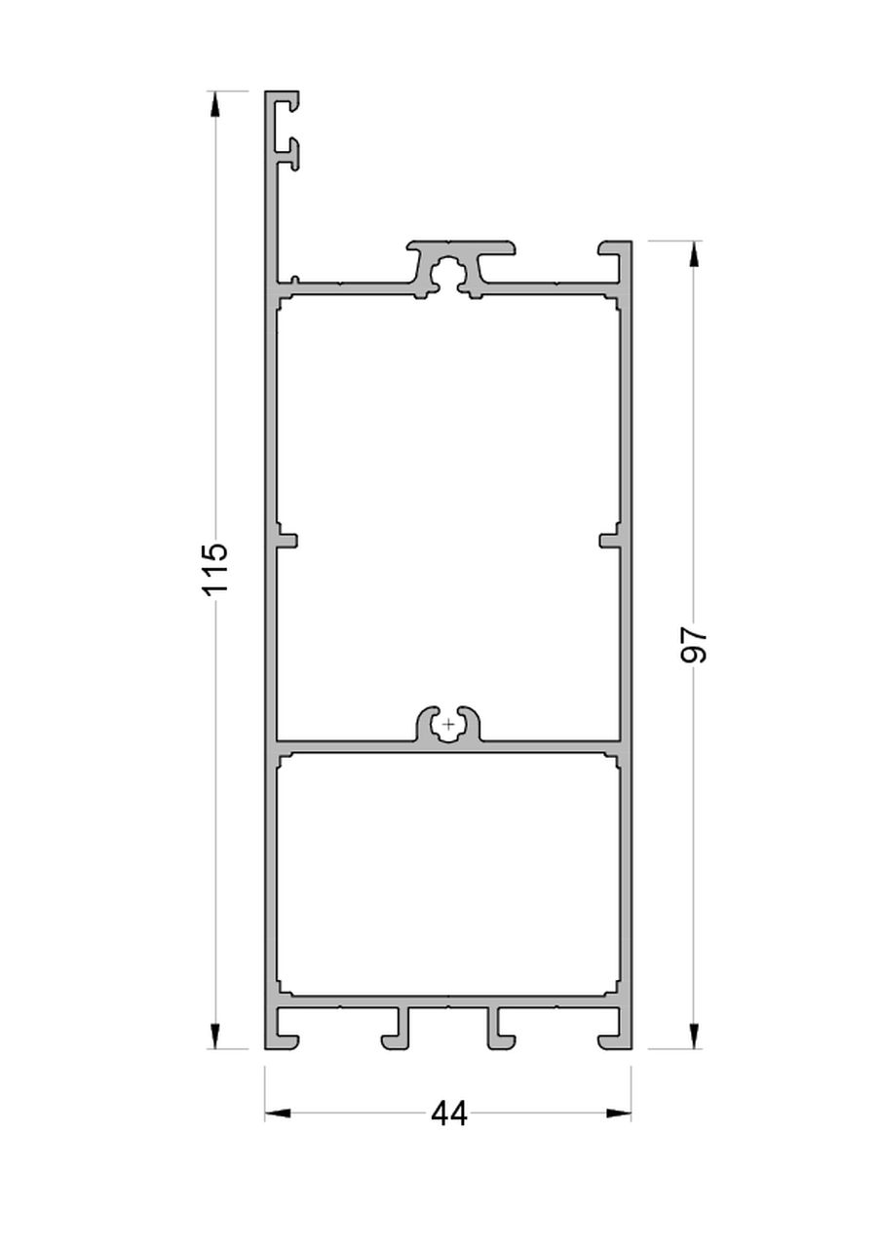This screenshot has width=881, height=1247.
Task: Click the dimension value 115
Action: point(215,568)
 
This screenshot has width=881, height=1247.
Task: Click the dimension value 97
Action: point(693,644)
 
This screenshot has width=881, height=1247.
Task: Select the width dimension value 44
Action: point(449,1114)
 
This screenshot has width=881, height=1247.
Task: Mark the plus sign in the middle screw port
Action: point(448,725)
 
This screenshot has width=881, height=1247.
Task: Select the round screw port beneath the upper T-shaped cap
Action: point(449,274)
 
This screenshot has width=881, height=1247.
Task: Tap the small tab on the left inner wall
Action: point(287,539)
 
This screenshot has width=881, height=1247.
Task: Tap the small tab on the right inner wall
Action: point(610,539)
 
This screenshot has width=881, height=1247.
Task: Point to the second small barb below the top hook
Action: point(289,151)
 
